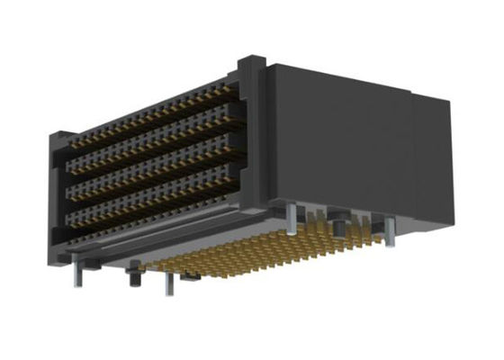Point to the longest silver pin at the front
point(167,281)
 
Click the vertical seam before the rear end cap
point(411,153)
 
